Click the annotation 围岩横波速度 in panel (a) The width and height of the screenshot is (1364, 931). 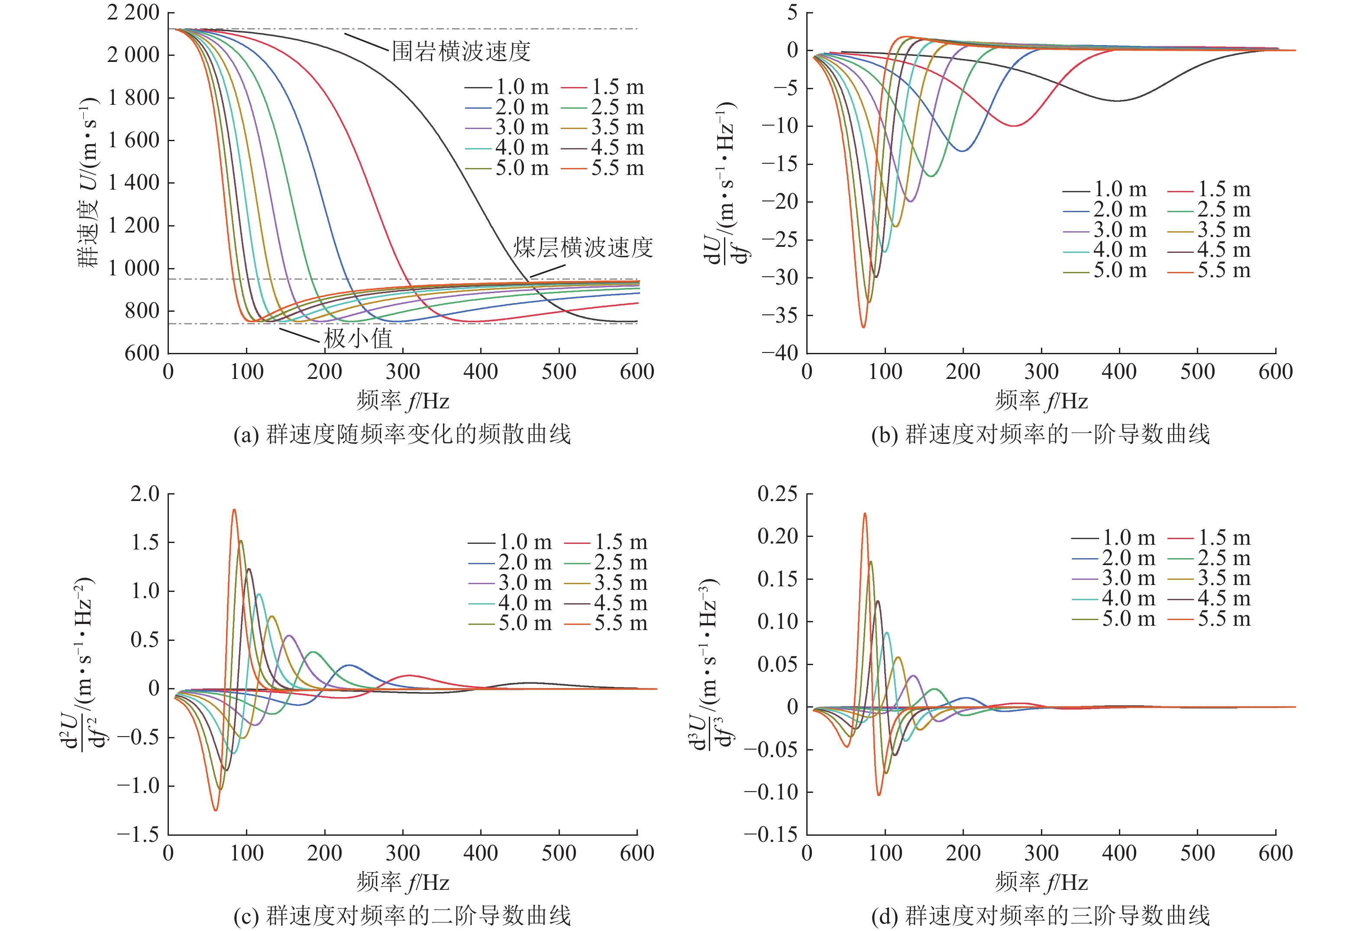(x=461, y=52)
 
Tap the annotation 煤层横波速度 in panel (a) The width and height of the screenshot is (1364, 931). (x=583, y=248)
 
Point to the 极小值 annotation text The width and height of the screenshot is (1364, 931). (x=358, y=339)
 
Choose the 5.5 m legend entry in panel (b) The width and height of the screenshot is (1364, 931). (x=1210, y=271)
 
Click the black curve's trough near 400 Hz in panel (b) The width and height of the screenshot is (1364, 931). (x=1118, y=100)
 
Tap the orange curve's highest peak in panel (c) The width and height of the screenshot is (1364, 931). (x=234, y=510)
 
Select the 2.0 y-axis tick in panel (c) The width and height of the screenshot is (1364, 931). (x=145, y=494)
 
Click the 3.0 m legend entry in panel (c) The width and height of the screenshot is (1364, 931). (x=511, y=583)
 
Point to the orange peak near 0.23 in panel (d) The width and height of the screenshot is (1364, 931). (x=865, y=514)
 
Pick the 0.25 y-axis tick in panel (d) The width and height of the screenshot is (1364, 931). (x=777, y=494)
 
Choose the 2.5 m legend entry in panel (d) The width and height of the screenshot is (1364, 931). (x=1210, y=558)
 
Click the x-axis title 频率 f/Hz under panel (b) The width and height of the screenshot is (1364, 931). (x=1041, y=401)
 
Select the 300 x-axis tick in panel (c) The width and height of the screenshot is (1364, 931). (x=403, y=853)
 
